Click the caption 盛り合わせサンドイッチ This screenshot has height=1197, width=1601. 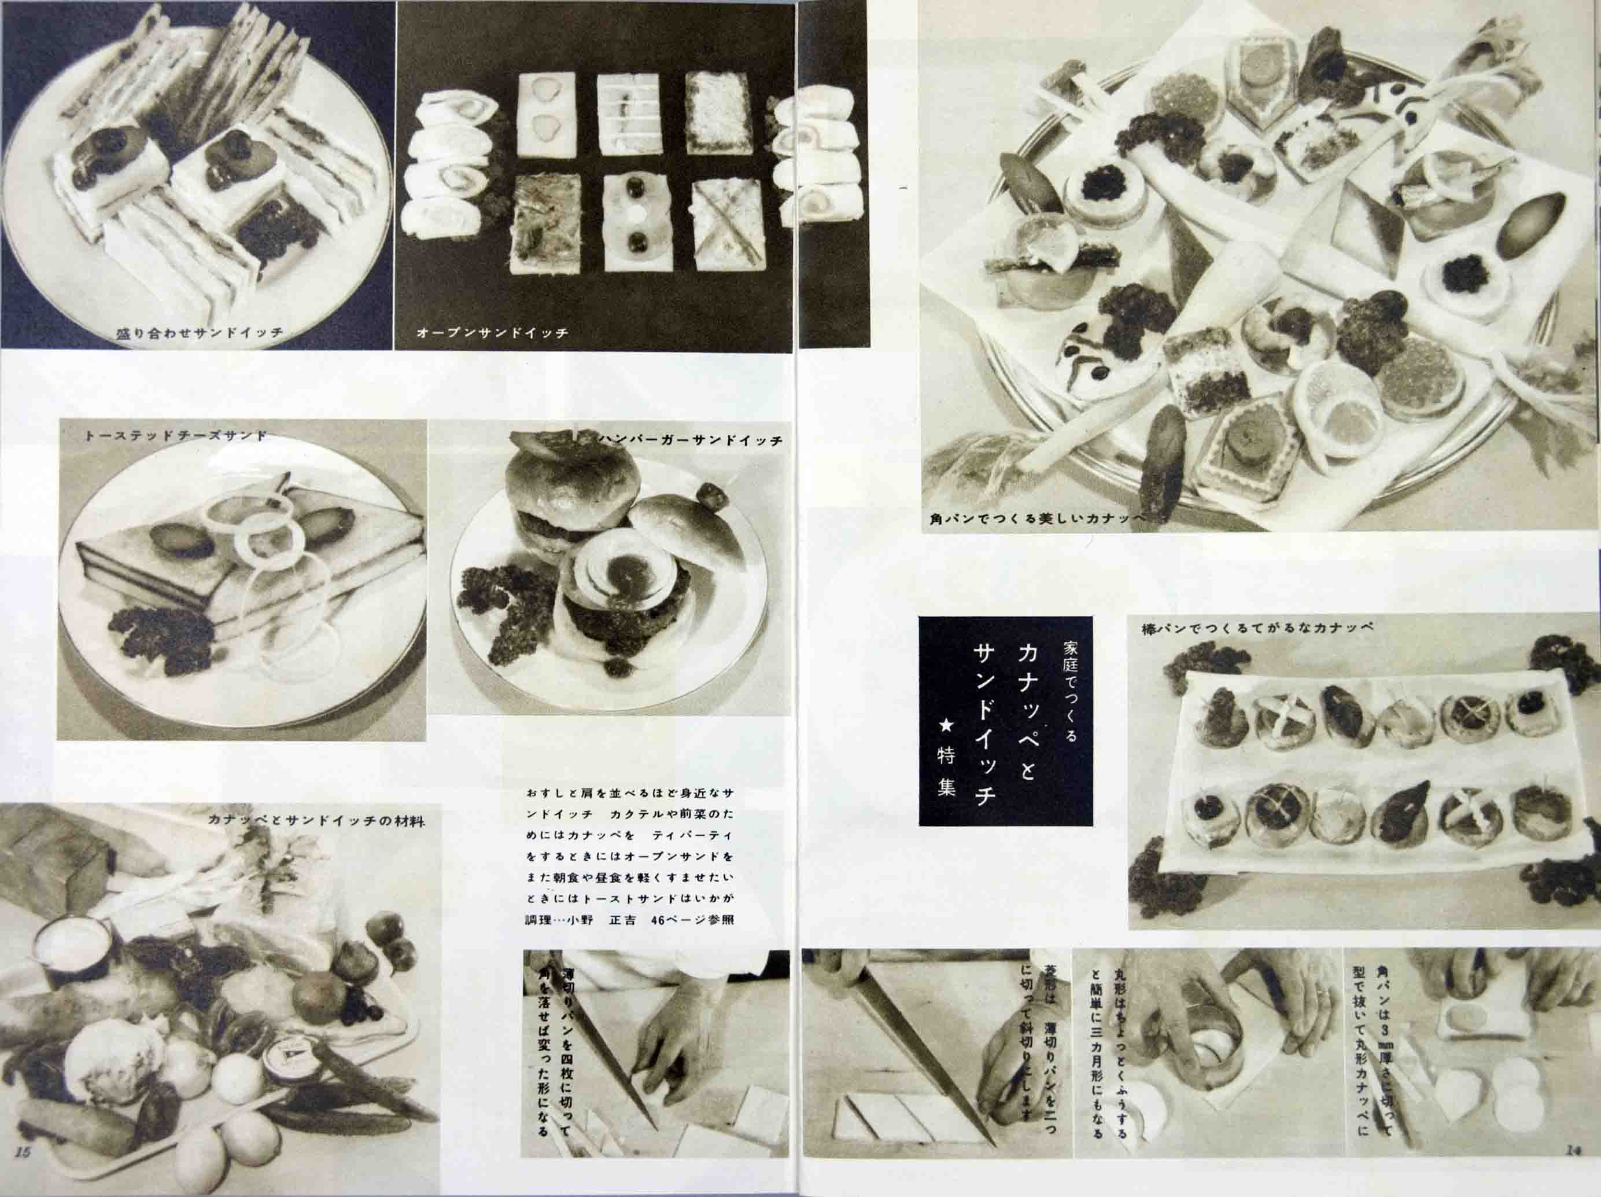199,334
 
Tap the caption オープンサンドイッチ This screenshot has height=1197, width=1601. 493,334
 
